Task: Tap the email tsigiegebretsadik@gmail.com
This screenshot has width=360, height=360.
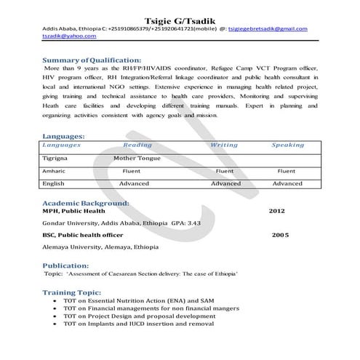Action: [268, 29]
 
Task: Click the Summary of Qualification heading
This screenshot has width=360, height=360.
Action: [92, 60]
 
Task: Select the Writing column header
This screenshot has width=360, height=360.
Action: [224, 145]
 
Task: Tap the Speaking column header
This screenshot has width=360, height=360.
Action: [287, 145]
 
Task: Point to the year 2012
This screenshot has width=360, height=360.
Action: [277, 210]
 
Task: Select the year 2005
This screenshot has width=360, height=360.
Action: [281, 236]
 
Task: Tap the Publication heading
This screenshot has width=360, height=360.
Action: [71, 265]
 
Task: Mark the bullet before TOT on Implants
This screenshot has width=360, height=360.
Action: [56, 323]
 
